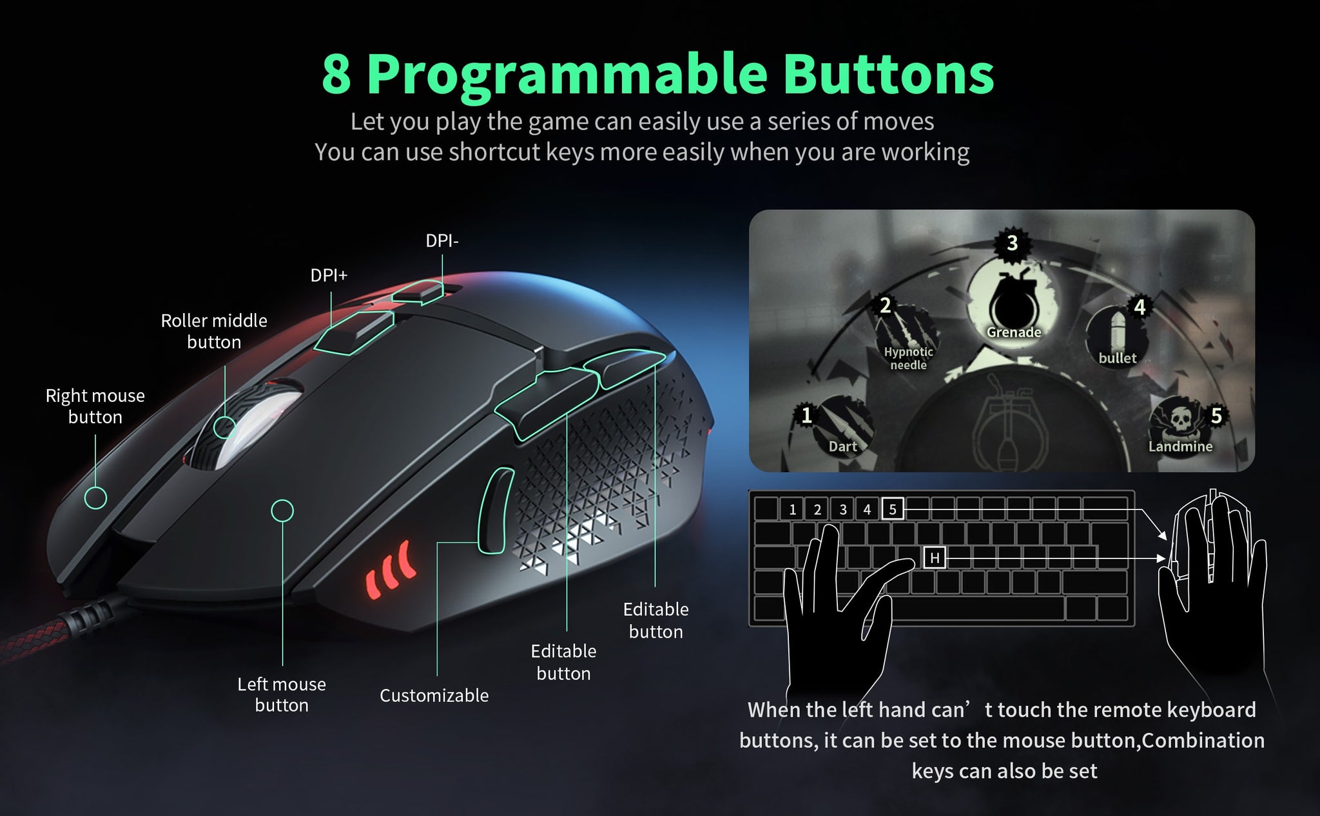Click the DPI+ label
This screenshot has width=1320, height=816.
(x=329, y=276)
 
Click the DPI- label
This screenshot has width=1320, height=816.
(x=442, y=241)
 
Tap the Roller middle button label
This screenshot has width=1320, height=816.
(x=214, y=331)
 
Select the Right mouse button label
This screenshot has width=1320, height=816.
(x=95, y=406)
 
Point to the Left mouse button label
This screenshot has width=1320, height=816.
(x=282, y=694)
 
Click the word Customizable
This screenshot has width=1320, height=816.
(x=434, y=696)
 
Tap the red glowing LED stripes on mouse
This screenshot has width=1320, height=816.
(x=390, y=569)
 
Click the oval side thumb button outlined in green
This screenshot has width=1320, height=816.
(x=495, y=510)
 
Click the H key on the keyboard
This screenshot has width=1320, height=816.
(x=935, y=558)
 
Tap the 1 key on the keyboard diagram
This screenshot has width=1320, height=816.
(x=792, y=509)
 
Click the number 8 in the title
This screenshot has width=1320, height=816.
(x=336, y=74)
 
